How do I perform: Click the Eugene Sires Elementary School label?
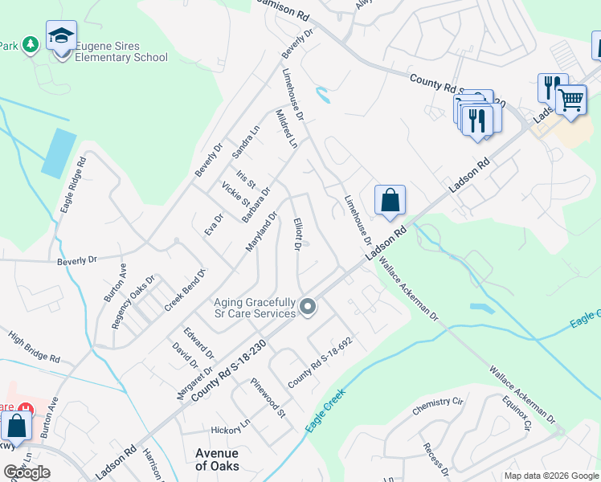click(121, 51)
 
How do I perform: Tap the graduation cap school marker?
click(61, 36)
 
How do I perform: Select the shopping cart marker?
click(570, 100)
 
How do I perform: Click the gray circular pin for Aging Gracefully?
click(307, 307)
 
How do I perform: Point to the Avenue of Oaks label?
click(217, 459)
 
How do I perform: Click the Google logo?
click(27, 472)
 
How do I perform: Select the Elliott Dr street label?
click(296, 235)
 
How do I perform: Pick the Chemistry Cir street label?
click(439, 406)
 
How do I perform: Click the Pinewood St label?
click(268, 398)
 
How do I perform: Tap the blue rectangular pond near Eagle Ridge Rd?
click(59, 153)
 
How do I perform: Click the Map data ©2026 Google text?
click(551, 476)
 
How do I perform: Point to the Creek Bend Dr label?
click(186, 290)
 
